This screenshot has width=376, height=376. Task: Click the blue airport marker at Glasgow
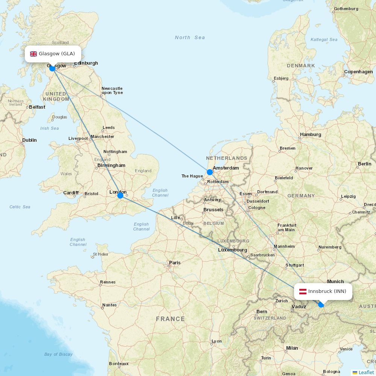point(52,68)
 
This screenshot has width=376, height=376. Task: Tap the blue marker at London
point(120,195)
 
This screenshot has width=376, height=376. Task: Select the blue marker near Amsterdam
point(210,172)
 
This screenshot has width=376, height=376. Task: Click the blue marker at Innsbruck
point(321,305)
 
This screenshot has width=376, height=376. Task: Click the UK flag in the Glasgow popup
point(33,54)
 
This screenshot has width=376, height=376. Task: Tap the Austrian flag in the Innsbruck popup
point(303,291)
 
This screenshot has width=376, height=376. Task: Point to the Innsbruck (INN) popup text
point(327,291)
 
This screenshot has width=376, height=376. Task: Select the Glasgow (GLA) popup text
point(57,54)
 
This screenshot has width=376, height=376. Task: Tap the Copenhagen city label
point(358,72)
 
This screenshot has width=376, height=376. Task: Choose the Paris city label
point(174,263)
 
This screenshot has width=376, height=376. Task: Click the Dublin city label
point(29,140)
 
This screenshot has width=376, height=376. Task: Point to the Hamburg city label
point(310,135)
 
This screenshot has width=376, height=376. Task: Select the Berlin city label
point(364,164)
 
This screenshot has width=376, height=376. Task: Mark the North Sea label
point(190,38)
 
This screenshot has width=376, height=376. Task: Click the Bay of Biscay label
point(58,354)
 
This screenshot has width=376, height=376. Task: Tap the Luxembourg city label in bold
point(232,250)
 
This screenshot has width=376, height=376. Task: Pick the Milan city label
point(292,348)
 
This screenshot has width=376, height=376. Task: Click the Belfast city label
point(37,107)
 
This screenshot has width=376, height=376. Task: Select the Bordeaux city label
point(119,364)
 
